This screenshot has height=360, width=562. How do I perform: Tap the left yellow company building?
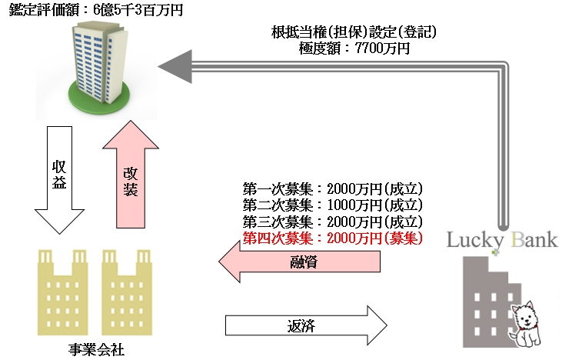62,292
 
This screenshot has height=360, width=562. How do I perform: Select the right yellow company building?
127,292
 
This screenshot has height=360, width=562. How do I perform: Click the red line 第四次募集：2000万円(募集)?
333,238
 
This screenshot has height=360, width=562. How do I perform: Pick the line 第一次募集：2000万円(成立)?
333,188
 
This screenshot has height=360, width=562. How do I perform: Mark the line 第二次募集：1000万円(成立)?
333,205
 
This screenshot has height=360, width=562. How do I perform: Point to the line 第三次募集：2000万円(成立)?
333,222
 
